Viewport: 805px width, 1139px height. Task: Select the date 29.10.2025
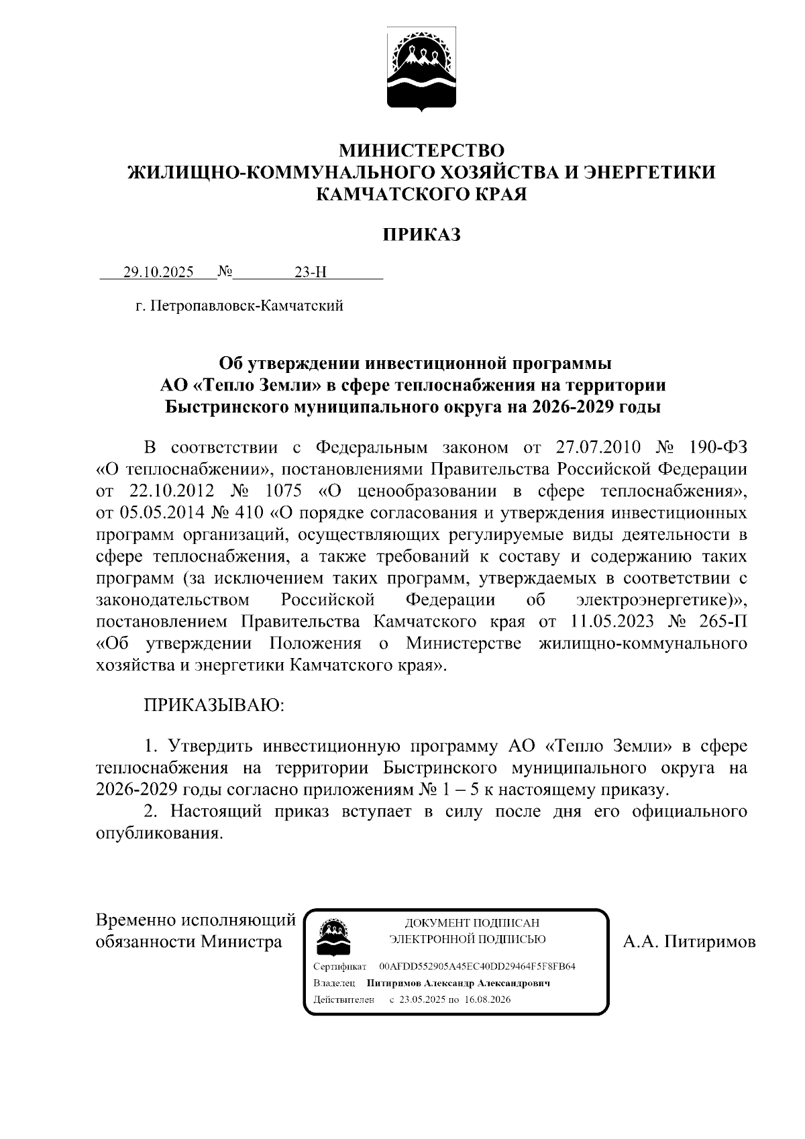click(x=158, y=272)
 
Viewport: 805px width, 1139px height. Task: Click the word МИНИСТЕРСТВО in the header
click(x=421, y=149)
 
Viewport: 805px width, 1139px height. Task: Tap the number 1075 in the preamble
click(x=284, y=491)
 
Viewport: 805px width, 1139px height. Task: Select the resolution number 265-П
click(x=722, y=621)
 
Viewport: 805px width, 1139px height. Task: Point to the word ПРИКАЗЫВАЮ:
click(x=214, y=705)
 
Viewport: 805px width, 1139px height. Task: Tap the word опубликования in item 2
click(x=158, y=834)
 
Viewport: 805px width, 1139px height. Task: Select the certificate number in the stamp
click(x=477, y=967)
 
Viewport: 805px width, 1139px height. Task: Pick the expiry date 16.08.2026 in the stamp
click(x=488, y=999)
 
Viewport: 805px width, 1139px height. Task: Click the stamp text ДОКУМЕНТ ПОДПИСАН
click(x=471, y=924)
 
